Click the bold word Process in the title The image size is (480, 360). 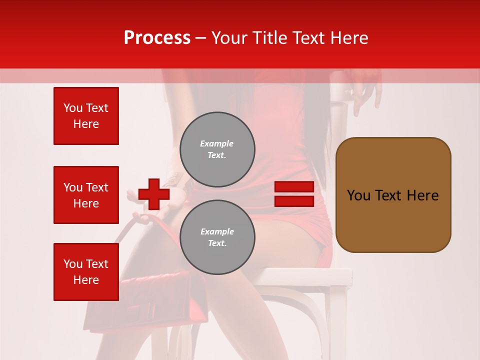[x=157, y=38]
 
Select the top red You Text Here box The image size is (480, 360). [x=86, y=116]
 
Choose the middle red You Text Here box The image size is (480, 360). [x=86, y=195]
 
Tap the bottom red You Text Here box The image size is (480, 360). [x=86, y=272]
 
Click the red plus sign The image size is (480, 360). [x=154, y=194]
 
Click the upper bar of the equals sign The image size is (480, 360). [x=294, y=186]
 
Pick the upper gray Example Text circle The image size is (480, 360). [x=217, y=149]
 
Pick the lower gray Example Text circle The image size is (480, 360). [x=217, y=237]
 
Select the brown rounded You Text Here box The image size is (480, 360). [x=393, y=195]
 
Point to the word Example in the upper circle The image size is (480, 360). [x=217, y=143]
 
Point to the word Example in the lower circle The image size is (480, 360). [x=217, y=231]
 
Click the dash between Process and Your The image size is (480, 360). [x=200, y=38]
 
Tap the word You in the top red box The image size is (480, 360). [x=73, y=108]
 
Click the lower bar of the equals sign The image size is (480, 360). [x=294, y=201]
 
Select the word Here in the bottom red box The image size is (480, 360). [x=86, y=280]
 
